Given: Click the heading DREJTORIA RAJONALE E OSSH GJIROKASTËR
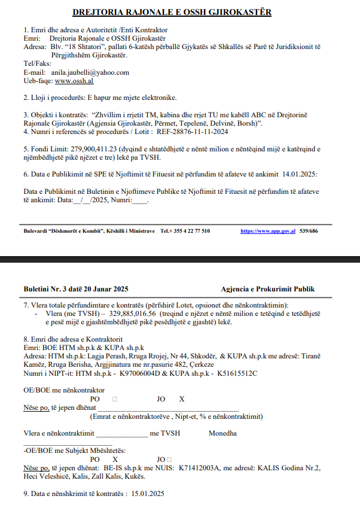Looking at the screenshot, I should coord(171,12).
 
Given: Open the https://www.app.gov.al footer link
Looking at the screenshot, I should coord(268,231).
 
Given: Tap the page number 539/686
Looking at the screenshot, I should coord(309,231).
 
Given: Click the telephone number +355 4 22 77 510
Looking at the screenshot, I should coord(189,231).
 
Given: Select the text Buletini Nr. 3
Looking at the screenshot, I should coord(44,288).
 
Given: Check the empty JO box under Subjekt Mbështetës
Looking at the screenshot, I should coord(170,460).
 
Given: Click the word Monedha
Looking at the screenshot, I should coord(222,434).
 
